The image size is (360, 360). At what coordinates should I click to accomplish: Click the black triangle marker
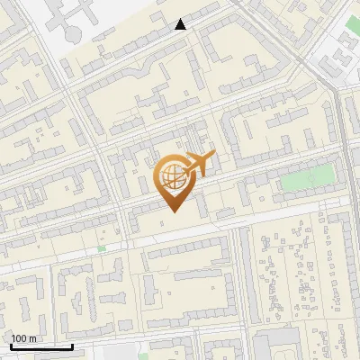pos(180,24)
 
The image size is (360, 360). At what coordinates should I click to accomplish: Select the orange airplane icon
pos(197,165)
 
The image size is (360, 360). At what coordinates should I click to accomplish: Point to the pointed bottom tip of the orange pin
pos(171,211)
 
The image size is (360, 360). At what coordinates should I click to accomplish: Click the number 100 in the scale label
pos(19,338)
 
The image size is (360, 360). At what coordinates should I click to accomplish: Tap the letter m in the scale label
pos(33,338)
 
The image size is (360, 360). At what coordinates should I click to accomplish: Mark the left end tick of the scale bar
pos(11,346)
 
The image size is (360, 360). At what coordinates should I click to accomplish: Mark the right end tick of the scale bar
pos(72,346)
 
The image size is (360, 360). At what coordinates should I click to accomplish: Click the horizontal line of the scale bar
pos(41,347)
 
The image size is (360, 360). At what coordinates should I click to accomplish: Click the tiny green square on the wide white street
pos(102,248)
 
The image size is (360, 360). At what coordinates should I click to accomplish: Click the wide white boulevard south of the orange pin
pos(180,237)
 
